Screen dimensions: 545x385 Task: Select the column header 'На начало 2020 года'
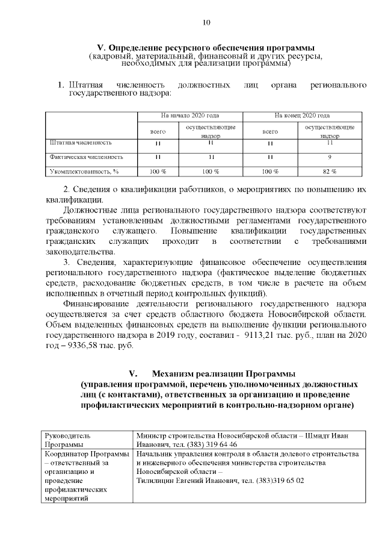pyautogui.click(x=189, y=115)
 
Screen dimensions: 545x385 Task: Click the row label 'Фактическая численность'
pyautogui.click(x=85, y=157)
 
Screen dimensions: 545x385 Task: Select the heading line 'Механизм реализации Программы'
pyautogui.click(x=224, y=373)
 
